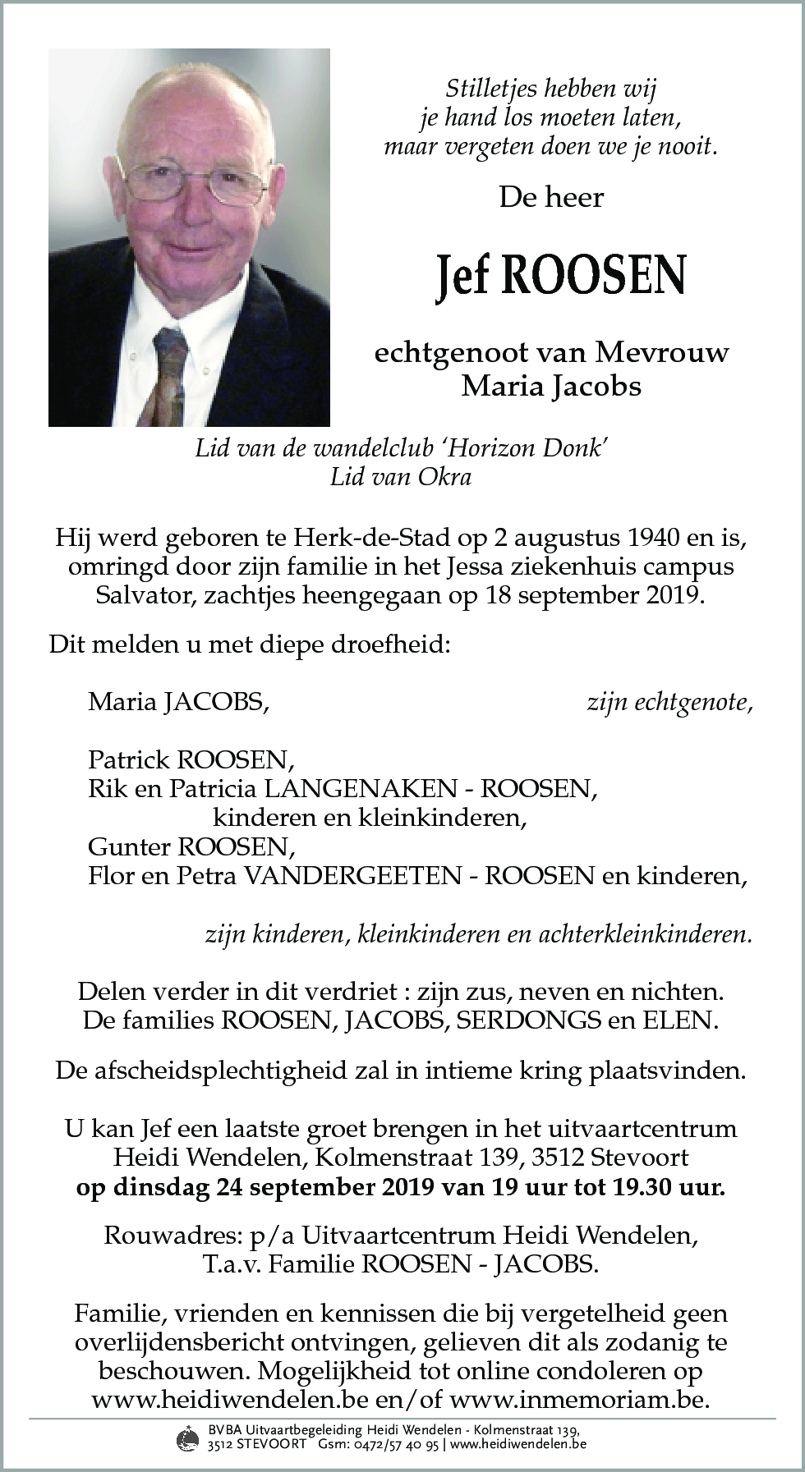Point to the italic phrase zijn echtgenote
click(x=669, y=702)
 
